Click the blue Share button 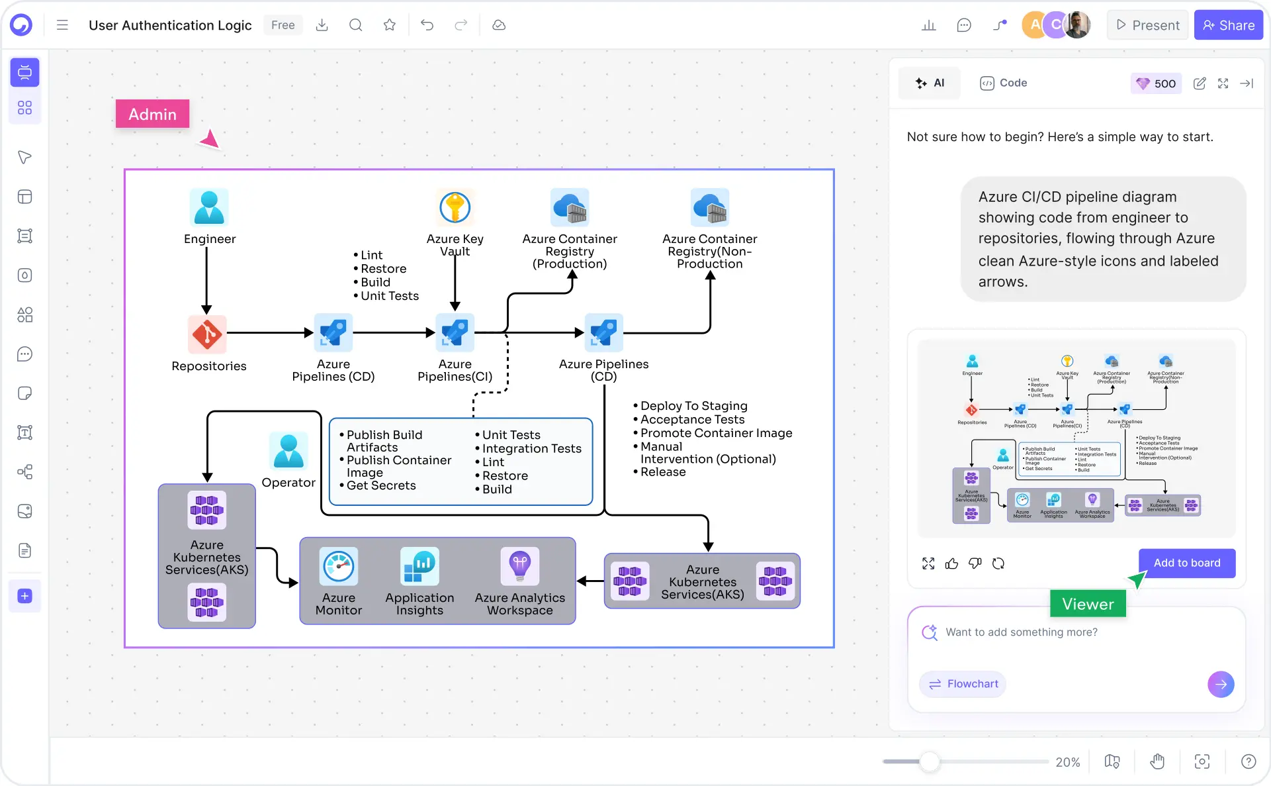coord(1228,25)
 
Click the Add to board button coord(1186,563)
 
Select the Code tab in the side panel coord(1004,83)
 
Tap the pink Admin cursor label coord(153,114)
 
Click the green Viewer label coord(1087,604)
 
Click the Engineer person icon coord(209,207)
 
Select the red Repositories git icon coord(207,334)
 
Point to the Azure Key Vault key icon coord(455,207)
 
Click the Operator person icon coord(288,451)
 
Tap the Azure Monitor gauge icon coord(339,566)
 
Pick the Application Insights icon coord(419,566)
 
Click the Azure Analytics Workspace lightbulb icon coord(520,566)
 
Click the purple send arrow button coord(1221,684)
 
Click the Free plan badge coord(283,25)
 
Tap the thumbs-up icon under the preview coord(951,564)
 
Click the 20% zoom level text coord(1067,762)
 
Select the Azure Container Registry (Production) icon coord(570,207)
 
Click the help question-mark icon coord(1248,761)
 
